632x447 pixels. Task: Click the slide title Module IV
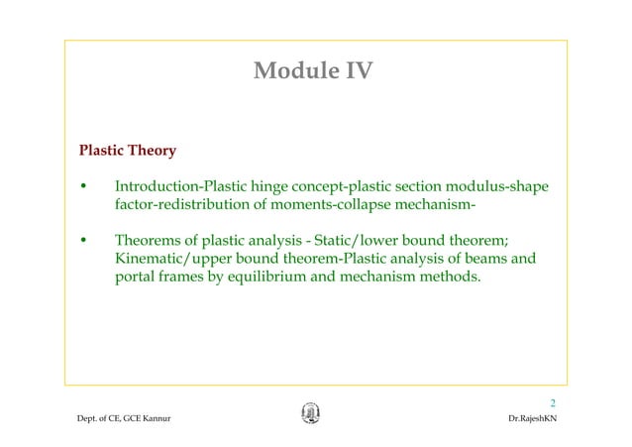[314, 71]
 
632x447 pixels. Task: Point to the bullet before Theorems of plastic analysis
[85, 241]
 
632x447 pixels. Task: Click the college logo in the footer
[310, 415]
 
